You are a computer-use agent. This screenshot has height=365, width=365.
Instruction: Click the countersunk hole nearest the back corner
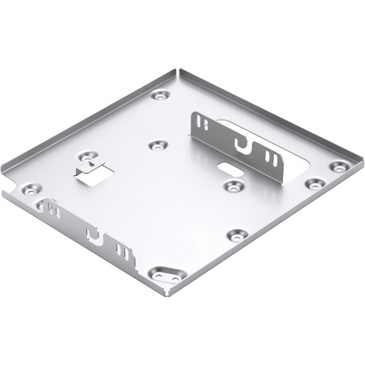click(x=160, y=95)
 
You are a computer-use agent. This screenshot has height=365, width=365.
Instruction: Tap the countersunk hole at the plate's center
click(x=158, y=145)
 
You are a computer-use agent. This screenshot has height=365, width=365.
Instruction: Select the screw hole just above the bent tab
click(x=88, y=156)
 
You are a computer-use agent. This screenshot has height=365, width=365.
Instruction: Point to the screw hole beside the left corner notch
click(x=29, y=189)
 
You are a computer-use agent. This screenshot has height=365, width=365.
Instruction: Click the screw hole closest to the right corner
click(x=338, y=166)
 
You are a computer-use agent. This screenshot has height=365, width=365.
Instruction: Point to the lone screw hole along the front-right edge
click(x=237, y=235)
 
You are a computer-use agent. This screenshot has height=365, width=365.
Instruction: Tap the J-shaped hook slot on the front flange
click(x=92, y=235)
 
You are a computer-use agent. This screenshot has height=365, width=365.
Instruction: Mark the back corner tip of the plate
click(x=177, y=71)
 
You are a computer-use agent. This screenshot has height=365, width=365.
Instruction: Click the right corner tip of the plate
click(x=362, y=157)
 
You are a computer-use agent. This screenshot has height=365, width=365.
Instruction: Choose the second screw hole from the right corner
click(x=314, y=183)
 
